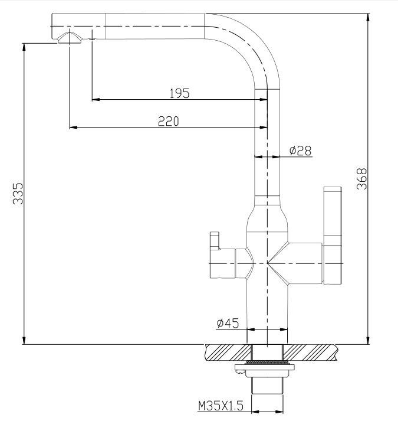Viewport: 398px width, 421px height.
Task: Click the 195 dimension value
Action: coord(179,93)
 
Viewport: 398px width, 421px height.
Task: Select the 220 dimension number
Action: coord(168,121)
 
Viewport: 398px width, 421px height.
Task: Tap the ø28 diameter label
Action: coord(300,151)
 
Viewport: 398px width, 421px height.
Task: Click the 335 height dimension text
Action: coord(18,193)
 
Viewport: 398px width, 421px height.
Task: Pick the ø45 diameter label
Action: coord(227,323)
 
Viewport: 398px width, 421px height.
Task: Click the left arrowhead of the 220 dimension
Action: coord(73,127)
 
